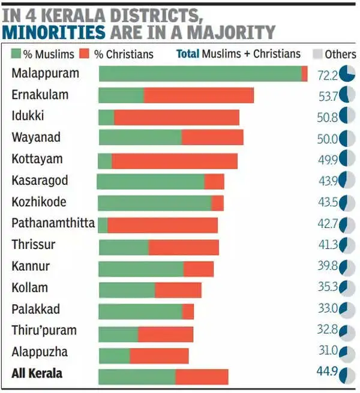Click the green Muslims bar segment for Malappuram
click(200, 74)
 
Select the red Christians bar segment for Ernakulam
click(199, 95)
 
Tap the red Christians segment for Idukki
click(176, 117)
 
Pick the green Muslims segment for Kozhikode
click(154, 203)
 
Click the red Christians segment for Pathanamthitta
click(163, 225)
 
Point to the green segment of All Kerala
click(137, 377)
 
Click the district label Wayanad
click(36, 137)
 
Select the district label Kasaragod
click(40, 181)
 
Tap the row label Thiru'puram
click(44, 331)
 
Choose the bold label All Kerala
click(37, 373)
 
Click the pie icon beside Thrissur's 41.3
click(347, 245)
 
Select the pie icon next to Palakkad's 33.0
click(347, 310)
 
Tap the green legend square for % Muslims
click(16, 54)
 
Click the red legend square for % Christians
click(87, 54)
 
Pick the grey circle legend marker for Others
click(317, 54)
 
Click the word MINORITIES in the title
click(54, 32)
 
